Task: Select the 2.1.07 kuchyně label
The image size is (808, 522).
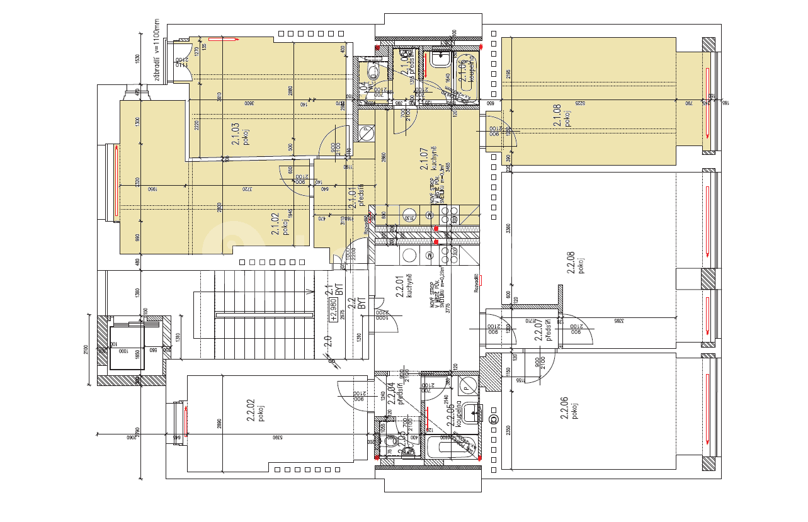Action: (429, 158)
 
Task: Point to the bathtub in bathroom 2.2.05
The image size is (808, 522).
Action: (449, 448)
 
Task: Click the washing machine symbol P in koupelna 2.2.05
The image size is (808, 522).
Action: (467, 383)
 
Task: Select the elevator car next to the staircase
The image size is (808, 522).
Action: (128, 348)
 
